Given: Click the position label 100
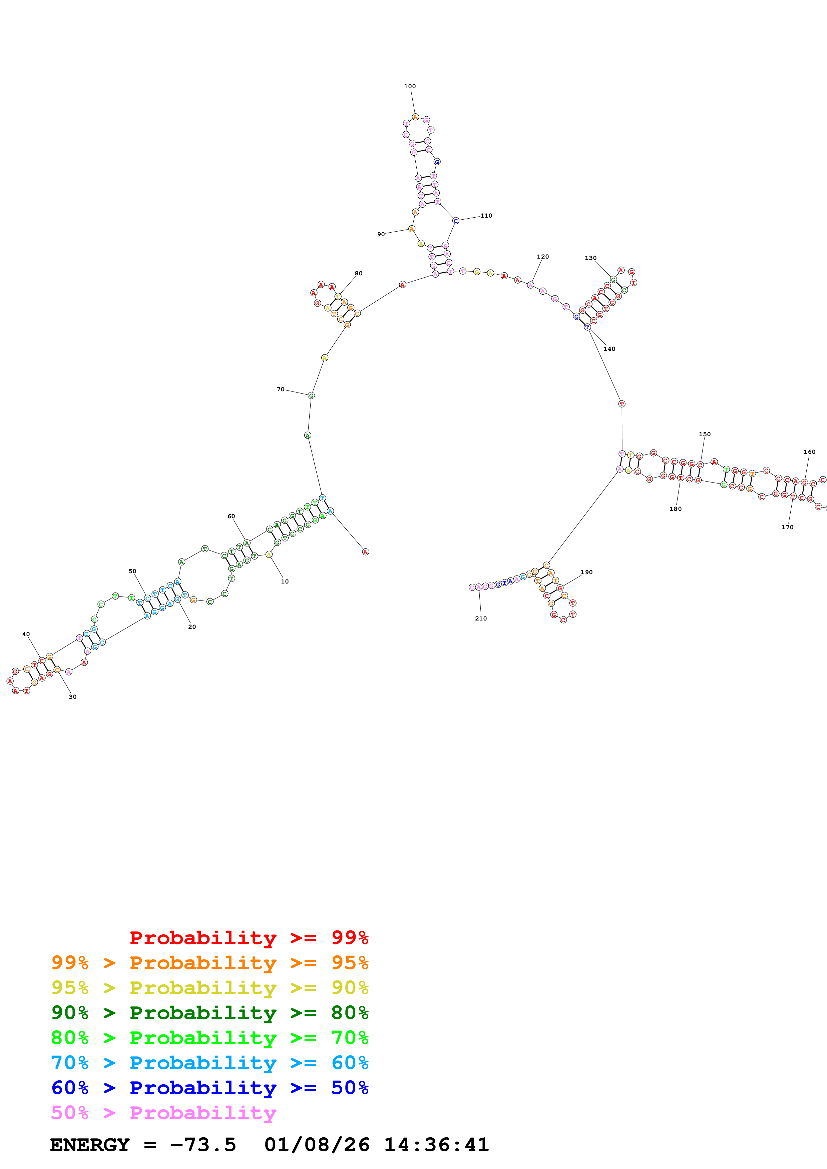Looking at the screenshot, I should tap(410, 87).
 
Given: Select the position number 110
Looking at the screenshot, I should tap(486, 216).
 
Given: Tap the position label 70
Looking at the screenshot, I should tap(280, 390).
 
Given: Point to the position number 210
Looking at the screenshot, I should tap(480, 618).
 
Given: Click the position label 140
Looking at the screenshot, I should tap(609, 349).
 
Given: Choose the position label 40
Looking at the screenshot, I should tap(26, 634).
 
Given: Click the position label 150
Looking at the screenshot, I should tap(705, 434).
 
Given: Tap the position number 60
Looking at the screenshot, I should tap(231, 516).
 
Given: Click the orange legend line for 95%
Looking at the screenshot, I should tap(210, 962).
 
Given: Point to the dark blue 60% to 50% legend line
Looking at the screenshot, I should tap(210, 1088).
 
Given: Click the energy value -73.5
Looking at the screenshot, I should tap(203, 1145).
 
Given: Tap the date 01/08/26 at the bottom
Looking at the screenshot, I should tap(317, 1145).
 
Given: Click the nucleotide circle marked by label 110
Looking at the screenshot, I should tap(456, 221).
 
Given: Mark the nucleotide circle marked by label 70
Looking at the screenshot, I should tap(311, 396).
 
